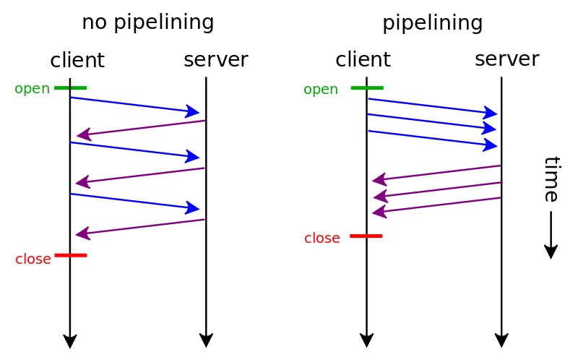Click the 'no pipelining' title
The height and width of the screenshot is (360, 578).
pos(148,23)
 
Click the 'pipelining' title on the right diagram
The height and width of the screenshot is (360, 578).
pos(432,24)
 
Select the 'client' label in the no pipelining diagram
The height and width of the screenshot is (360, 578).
pos(77,60)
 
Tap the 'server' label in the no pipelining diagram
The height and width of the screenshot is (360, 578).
pos(216,60)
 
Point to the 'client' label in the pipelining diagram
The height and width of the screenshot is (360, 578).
pos(363,59)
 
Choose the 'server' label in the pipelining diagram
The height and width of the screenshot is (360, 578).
pos(507,59)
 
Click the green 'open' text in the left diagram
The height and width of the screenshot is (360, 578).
pos(32,89)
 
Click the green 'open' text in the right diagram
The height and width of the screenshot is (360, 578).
pos(321,90)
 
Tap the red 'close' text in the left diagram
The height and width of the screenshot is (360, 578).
pos(33,259)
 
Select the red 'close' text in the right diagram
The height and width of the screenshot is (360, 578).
pos(322,239)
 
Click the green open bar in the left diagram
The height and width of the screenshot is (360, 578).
pos(70,87)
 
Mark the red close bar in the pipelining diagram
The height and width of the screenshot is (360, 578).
pos(366,236)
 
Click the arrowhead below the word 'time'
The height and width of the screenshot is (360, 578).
pos(551,252)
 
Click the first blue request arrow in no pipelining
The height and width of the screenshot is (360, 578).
pos(135,105)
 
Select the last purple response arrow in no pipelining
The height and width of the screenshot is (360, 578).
pos(140,227)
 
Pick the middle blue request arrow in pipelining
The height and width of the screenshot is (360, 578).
pos(432,122)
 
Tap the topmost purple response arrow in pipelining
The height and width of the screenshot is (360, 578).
pos(436,173)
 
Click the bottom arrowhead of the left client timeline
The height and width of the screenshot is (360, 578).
pos(70,341)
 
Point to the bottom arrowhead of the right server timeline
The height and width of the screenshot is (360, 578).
pos(501,340)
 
